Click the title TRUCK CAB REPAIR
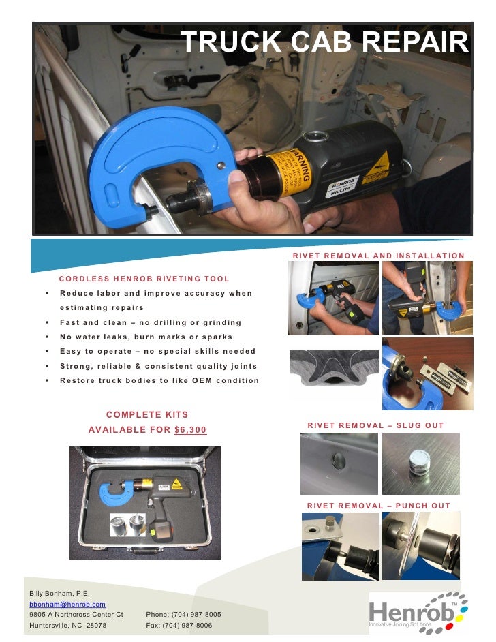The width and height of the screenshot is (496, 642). pyautogui.click(x=324, y=42)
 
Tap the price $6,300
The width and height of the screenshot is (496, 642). pyautogui.click(x=190, y=430)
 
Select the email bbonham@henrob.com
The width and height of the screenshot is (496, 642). pyautogui.click(x=67, y=605)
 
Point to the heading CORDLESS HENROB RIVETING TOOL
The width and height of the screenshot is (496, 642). pyautogui.click(x=144, y=279)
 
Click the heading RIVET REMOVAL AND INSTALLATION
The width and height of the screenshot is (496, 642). pyautogui.click(x=379, y=256)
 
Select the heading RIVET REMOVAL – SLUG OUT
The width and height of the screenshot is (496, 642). pyautogui.click(x=375, y=425)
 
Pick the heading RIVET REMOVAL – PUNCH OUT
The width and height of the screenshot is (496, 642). pyautogui.click(x=379, y=506)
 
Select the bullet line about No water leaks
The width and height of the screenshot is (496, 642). pyautogui.click(x=146, y=337)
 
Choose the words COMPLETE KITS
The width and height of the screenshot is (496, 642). pyautogui.click(x=147, y=414)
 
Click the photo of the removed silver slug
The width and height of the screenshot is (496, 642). pyautogui.click(x=420, y=463)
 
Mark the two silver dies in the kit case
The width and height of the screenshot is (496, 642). pyautogui.click(x=127, y=525)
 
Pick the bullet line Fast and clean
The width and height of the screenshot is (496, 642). pyautogui.click(x=151, y=322)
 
